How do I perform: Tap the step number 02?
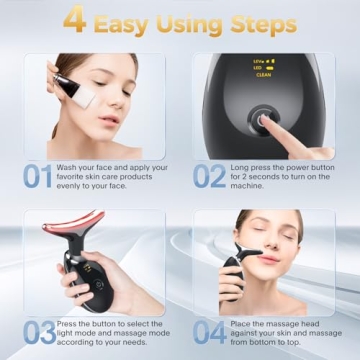[210, 176]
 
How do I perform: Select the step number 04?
[210, 332]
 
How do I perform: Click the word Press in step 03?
[69, 322]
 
